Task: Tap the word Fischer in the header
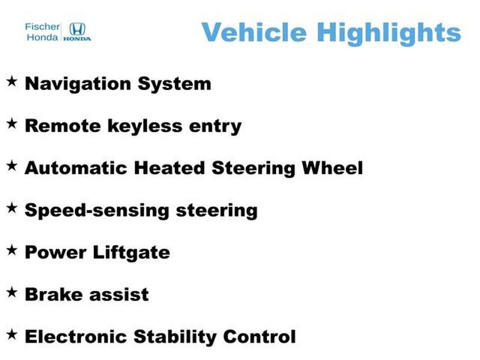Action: point(41,26)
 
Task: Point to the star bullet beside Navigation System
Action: point(11,81)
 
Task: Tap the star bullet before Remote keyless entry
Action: point(11,124)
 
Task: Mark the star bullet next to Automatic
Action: point(11,166)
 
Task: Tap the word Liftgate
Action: point(131,253)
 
